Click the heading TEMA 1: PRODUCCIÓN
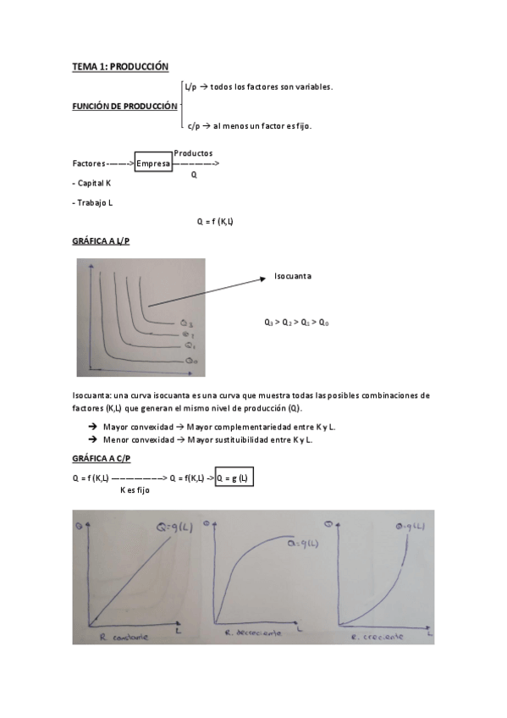(x=120, y=66)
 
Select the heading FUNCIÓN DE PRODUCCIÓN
(x=124, y=106)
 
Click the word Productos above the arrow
(x=193, y=152)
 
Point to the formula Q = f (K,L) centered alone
(x=215, y=221)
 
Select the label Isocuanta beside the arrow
(x=293, y=276)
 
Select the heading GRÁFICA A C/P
(x=102, y=458)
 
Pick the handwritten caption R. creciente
(x=376, y=636)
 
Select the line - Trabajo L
(x=92, y=202)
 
